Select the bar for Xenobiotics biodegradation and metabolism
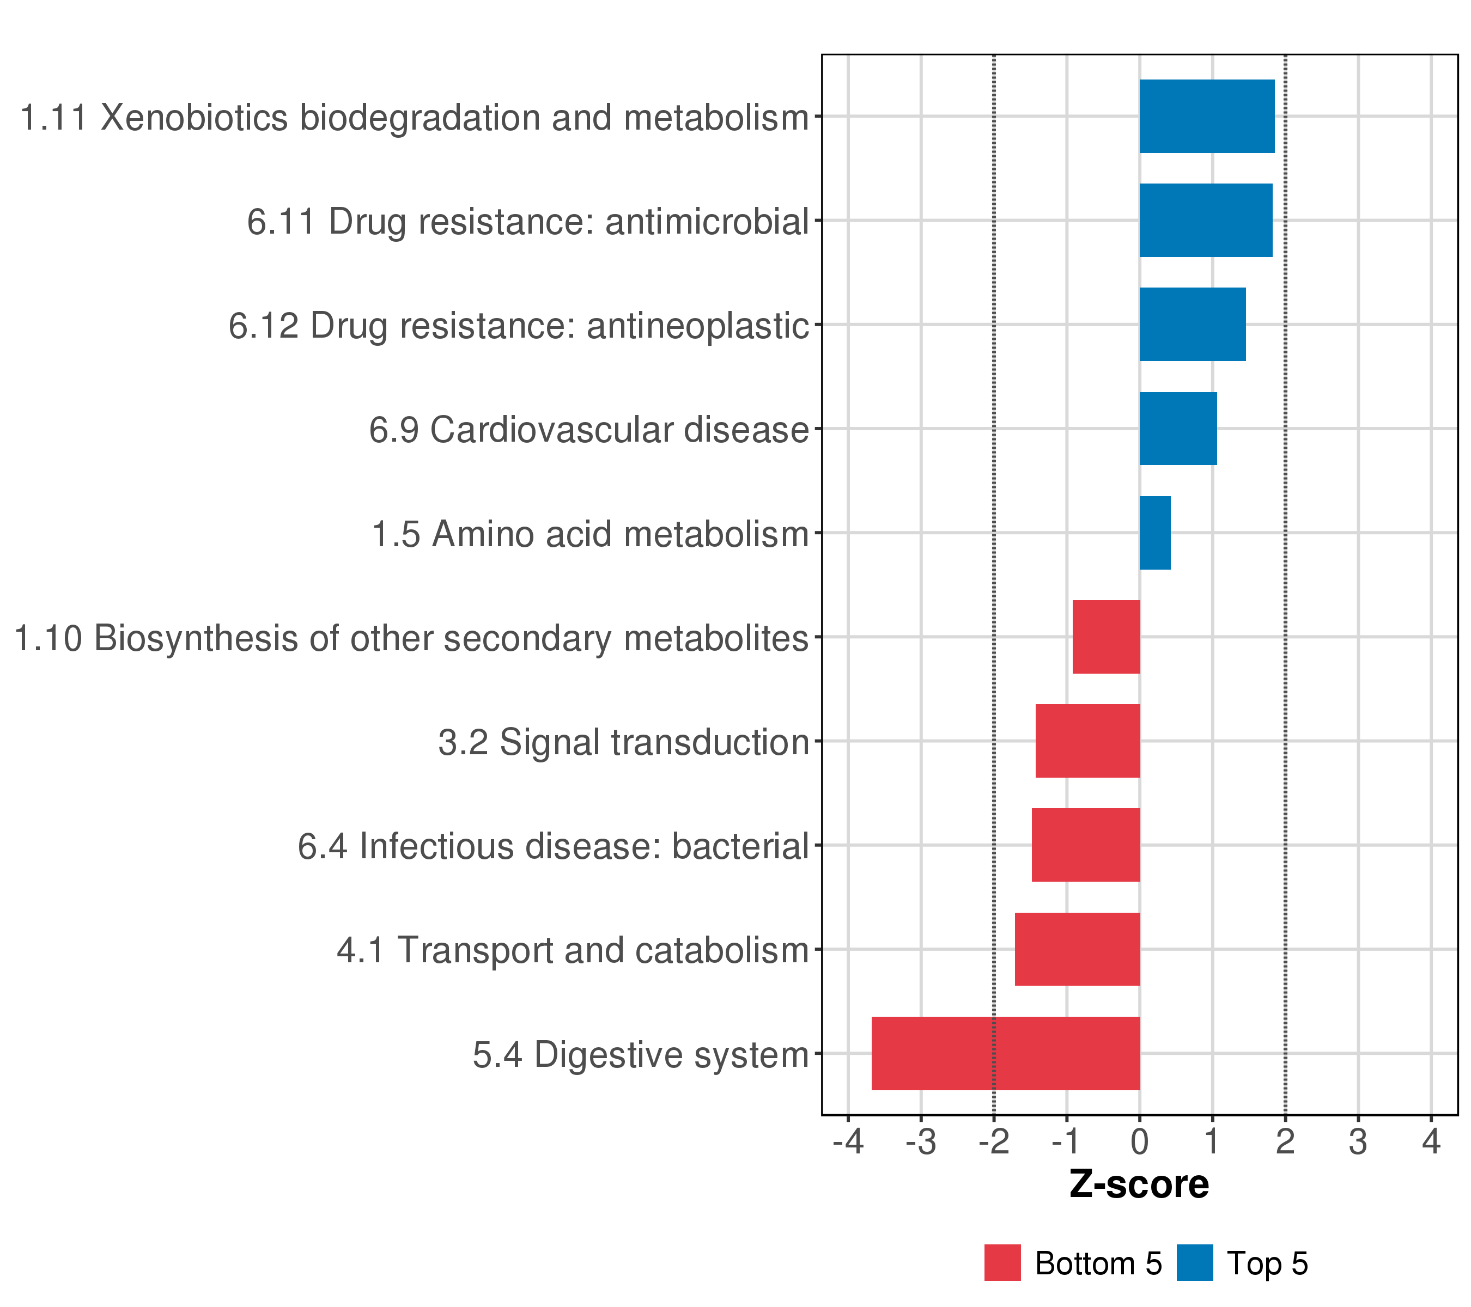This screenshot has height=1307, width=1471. coord(1206,117)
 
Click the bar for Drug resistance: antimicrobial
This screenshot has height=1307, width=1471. coord(1206,220)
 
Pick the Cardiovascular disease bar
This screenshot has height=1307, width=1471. coord(1177,429)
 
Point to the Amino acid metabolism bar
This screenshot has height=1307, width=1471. coord(1154,533)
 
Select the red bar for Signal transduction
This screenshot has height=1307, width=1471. coord(1087,741)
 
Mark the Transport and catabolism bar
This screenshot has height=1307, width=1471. coord(1077,949)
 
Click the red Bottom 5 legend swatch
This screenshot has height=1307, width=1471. coord(1002,1263)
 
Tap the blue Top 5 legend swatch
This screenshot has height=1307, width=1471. coord(1195,1263)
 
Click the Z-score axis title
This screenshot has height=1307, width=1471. coord(1139,1184)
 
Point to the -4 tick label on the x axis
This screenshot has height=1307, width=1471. coord(848,1143)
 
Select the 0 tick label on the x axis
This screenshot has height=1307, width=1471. coord(1139,1143)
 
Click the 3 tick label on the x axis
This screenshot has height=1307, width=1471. coord(1358,1143)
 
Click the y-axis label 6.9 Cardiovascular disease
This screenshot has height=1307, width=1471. coord(589,430)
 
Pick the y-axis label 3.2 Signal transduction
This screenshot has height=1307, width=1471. coord(623,742)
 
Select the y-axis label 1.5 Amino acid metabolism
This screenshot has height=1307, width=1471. coord(590,534)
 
